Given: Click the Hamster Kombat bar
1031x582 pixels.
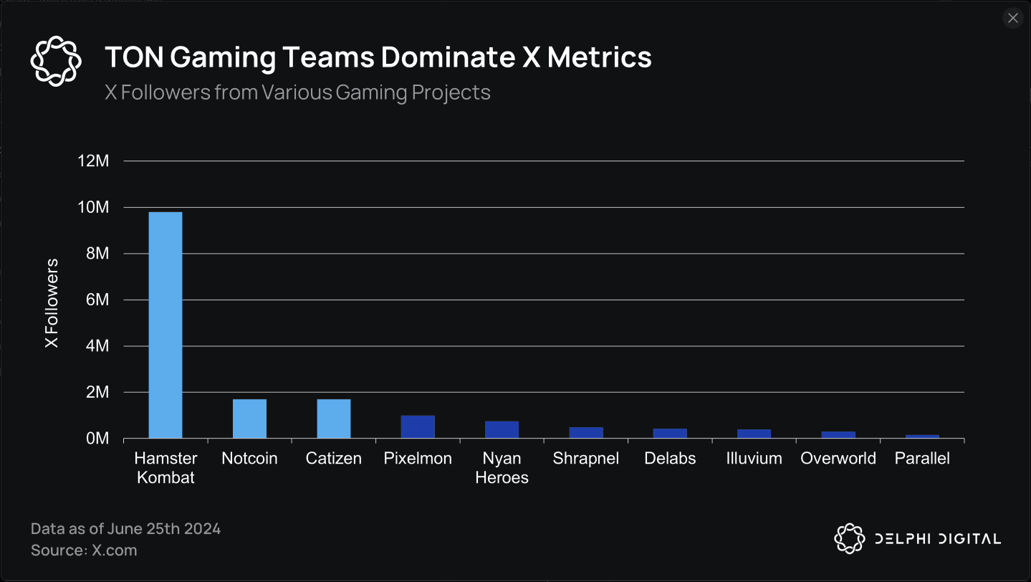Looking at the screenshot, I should point(166,325).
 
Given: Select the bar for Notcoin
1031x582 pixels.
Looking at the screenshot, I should point(249,419).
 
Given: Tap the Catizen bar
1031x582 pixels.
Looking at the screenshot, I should point(334,419).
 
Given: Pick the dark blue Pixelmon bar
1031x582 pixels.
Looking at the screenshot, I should point(418,427).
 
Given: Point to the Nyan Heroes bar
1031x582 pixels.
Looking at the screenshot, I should point(502,429).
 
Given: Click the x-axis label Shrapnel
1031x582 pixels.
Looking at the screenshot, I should point(585,459).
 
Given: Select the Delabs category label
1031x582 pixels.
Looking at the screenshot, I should point(670,459).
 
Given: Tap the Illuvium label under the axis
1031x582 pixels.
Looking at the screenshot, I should point(754,459).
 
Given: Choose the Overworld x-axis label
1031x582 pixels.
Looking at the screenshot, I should point(838,459).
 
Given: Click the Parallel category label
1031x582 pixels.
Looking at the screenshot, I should point(922,459).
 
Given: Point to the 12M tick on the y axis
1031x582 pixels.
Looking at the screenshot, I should point(93,161).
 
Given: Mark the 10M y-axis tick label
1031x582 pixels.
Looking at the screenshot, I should point(93,208).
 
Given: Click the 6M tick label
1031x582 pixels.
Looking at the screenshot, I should point(97,300).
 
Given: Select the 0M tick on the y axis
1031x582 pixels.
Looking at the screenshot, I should point(97,439).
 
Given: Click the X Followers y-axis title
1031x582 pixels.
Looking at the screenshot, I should point(52,304).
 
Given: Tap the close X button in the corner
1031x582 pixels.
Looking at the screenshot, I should point(1012,19).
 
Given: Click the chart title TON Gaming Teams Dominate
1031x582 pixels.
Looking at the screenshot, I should point(378,57).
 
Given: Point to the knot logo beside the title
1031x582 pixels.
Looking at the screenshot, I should point(57,60).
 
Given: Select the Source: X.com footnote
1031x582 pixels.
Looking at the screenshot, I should point(84,550).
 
